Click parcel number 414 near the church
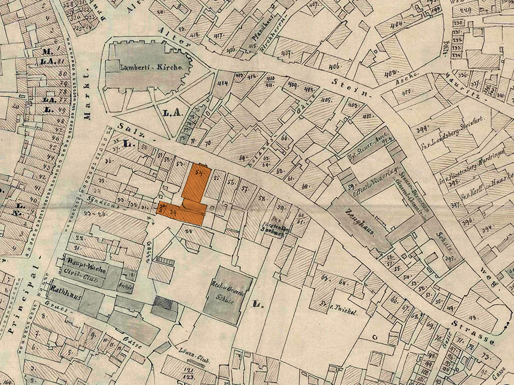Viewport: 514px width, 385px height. pos(223,84)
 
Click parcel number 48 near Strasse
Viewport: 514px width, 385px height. pos(472,318)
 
